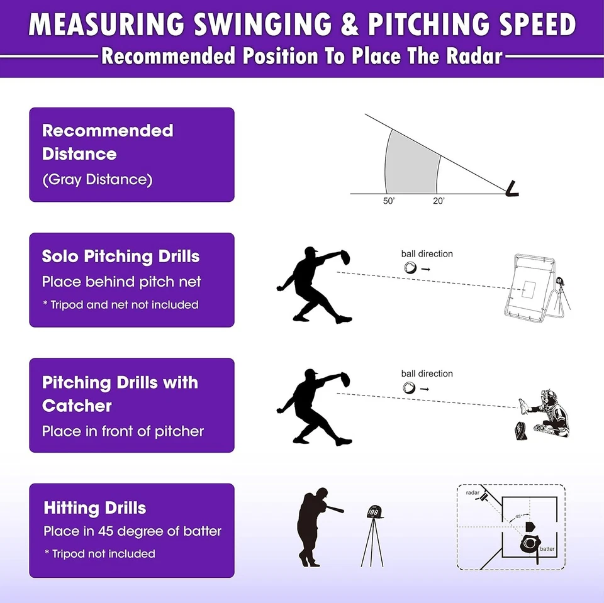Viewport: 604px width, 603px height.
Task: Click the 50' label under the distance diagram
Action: pyautogui.click(x=388, y=201)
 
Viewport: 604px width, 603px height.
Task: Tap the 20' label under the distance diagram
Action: pyautogui.click(x=438, y=201)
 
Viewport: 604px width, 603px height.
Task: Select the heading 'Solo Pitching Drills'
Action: pyautogui.click(x=121, y=257)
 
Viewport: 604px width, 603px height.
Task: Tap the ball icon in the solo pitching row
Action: pyautogui.click(x=410, y=268)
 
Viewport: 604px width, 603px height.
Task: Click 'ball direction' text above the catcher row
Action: pyautogui.click(x=427, y=373)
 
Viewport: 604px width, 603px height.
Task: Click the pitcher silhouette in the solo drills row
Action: pyautogui.click(x=313, y=284)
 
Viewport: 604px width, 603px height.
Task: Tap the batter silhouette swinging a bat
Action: pyautogui.click(x=315, y=525)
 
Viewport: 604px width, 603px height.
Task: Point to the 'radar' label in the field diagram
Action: pyautogui.click(x=473, y=493)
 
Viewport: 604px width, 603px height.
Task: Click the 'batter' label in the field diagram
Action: pyautogui.click(x=547, y=549)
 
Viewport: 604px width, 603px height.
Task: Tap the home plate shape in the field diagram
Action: pyautogui.click(x=529, y=526)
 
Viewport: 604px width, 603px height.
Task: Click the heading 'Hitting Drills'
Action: pyautogui.click(x=95, y=508)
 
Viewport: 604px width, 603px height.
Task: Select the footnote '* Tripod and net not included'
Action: pyautogui.click(x=120, y=305)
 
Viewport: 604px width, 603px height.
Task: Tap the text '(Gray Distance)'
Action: pyautogui.click(x=98, y=180)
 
